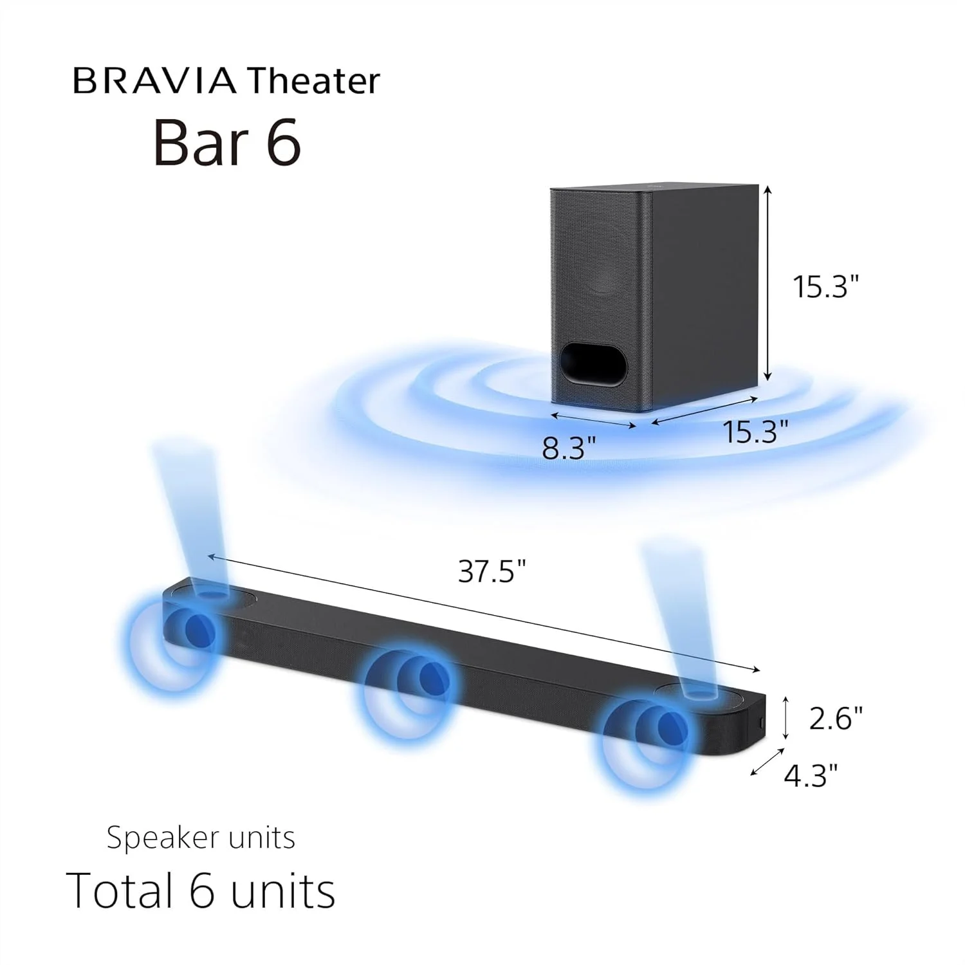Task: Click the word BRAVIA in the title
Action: coord(154,81)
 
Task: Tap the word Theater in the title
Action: coord(314,81)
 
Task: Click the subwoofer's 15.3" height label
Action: coord(825,286)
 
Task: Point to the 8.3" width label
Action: coord(569,448)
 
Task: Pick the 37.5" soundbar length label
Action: coord(492,571)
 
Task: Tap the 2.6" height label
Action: coord(835,718)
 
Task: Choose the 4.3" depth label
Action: coord(811,775)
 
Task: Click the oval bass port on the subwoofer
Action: coord(593,365)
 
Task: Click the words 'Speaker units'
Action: coord(201,838)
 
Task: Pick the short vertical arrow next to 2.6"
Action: coord(786,718)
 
